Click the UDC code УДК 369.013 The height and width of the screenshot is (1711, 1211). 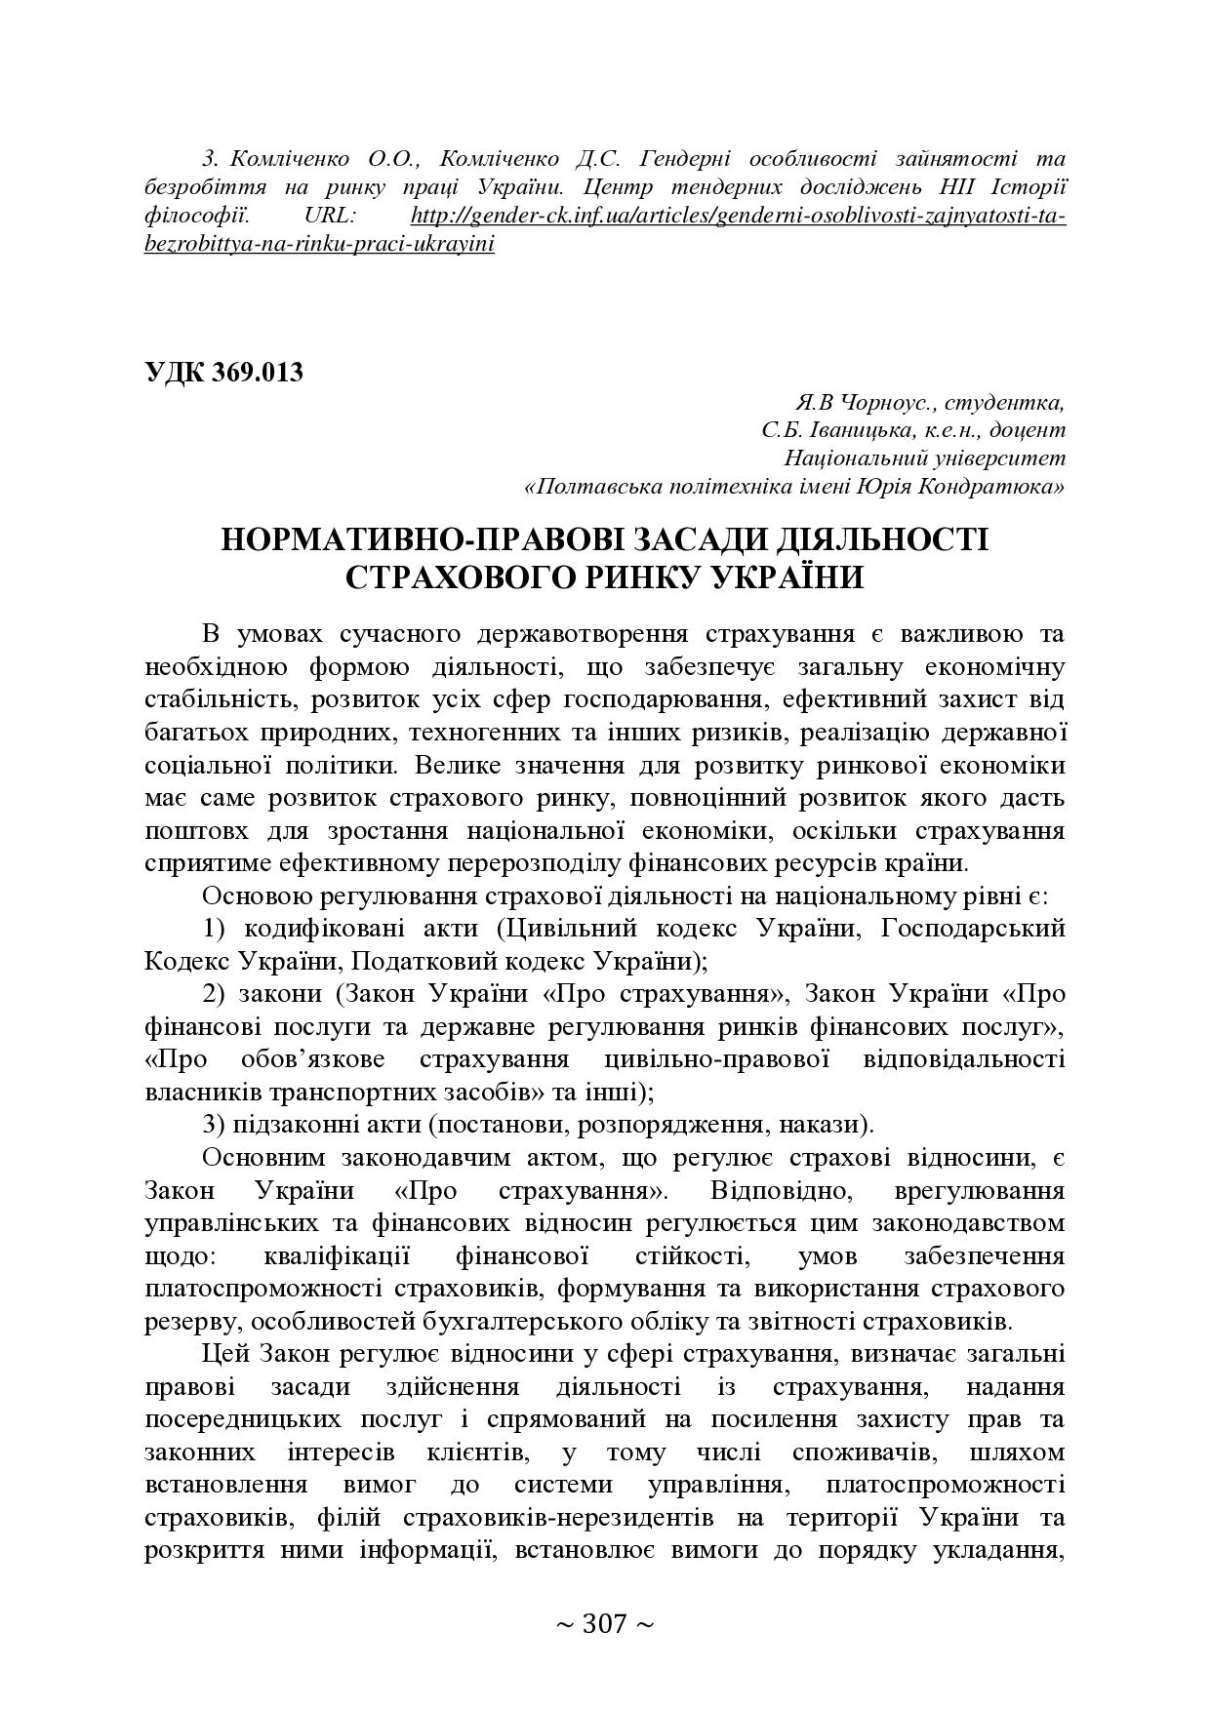pos(223,373)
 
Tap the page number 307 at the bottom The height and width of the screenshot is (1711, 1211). pos(604,1624)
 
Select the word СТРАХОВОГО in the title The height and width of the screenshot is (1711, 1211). pos(459,577)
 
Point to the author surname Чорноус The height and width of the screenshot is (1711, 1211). pos(872,402)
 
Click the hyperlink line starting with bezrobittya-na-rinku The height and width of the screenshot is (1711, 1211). pos(319,244)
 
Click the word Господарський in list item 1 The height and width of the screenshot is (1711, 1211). pos(972,928)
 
